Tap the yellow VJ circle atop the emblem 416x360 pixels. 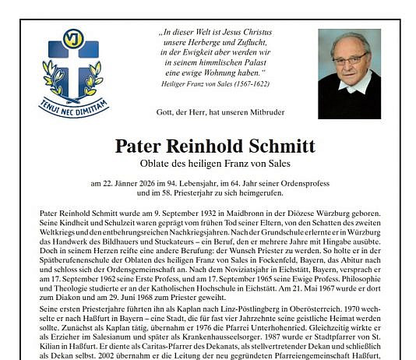click(72, 37)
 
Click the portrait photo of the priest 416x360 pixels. click(349, 73)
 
